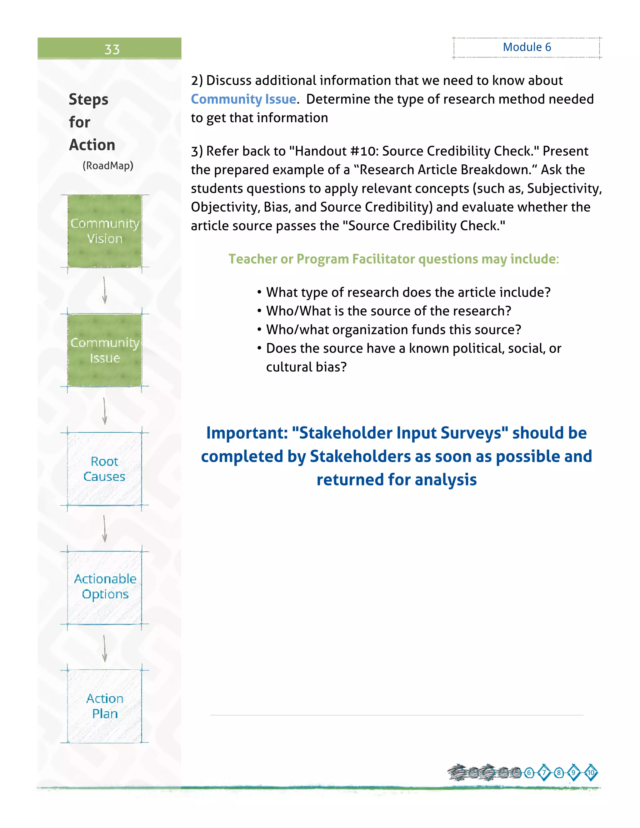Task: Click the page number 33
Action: coord(112,49)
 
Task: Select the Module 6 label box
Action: coord(527,47)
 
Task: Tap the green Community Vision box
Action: coord(105,231)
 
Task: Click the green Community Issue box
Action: coord(105,350)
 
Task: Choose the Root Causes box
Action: coord(105,469)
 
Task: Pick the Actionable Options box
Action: coord(105,586)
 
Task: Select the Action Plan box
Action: coord(105,706)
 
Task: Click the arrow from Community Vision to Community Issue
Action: coord(105,290)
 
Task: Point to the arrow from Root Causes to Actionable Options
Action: coord(105,528)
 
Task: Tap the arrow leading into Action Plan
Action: coord(105,648)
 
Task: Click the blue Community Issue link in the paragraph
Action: coord(243,99)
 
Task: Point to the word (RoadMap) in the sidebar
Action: coord(108,166)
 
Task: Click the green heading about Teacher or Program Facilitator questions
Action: coord(393,259)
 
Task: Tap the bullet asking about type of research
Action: coord(408,292)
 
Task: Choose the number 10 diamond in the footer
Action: coord(591,773)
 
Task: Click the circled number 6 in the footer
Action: coord(529,773)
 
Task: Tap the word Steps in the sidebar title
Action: coord(89,100)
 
